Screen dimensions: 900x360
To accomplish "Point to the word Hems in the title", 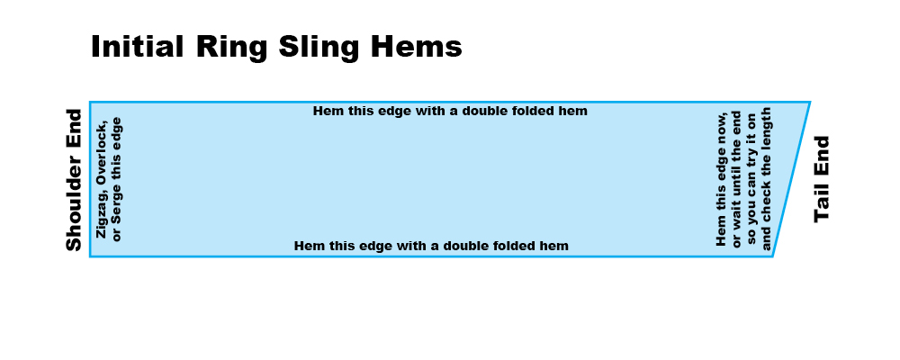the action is point(416,47).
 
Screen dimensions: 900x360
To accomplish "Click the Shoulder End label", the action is point(74,180).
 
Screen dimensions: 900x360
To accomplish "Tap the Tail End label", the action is point(822,179).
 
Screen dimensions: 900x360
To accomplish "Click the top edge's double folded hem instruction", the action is point(450,111).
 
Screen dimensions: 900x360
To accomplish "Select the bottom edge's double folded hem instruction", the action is point(431,246).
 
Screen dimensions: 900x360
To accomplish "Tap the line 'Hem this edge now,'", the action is point(722,179).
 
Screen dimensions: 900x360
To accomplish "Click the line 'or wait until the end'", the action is point(736,180).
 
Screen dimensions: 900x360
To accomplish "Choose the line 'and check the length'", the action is point(766,179).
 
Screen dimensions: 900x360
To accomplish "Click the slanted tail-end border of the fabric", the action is point(791,179).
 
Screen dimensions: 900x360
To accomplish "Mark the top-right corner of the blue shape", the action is point(810,103).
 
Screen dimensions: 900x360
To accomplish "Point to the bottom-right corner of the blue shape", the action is point(772,256).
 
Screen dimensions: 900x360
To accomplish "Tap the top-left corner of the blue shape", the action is point(90,103).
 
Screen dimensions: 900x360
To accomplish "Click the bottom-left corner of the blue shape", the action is point(90,256).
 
